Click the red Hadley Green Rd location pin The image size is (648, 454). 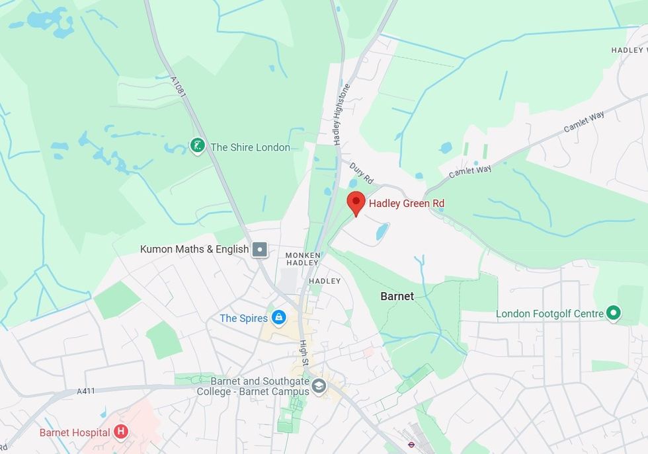click(356, 202)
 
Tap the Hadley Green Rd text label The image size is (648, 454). click(406, 204)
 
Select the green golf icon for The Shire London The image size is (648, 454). click(197, 146)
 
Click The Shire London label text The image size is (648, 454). click(250, 147)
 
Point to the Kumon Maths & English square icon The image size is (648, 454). click(261, 249)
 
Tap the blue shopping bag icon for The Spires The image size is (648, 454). click(279, 318)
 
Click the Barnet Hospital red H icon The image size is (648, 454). click(120, 432)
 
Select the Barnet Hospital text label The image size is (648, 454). click(74, 433)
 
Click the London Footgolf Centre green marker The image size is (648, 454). click(614, 313)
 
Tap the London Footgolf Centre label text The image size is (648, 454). click(550, 314)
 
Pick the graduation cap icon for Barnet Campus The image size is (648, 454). click(319, 386)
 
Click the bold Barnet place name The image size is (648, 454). click(397, 296)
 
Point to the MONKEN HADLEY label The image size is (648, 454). click(303, 259)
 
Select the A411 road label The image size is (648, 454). click(86, 391)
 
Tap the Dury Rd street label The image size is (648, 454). click(362, 174)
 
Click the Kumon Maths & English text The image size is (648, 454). click(194, 249)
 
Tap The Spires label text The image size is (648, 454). click(243, 319)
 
